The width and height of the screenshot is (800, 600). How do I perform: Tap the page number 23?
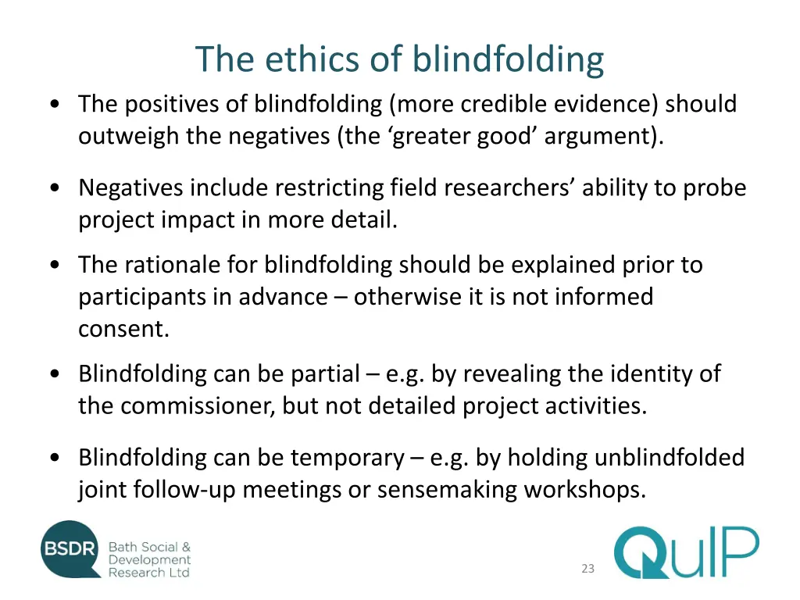point(587,569)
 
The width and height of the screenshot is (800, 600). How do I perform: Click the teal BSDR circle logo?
point(71,549)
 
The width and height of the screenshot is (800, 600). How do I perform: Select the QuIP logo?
point(686,552)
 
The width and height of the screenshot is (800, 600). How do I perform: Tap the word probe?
point(715,188)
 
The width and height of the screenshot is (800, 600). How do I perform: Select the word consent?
point(123,329)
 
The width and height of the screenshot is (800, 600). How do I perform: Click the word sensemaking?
point(447,490)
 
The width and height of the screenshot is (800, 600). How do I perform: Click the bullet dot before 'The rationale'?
point(55,266)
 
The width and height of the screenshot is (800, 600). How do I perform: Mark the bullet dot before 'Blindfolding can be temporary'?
point(55,458)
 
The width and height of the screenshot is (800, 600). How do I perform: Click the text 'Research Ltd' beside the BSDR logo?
point(148,573)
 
